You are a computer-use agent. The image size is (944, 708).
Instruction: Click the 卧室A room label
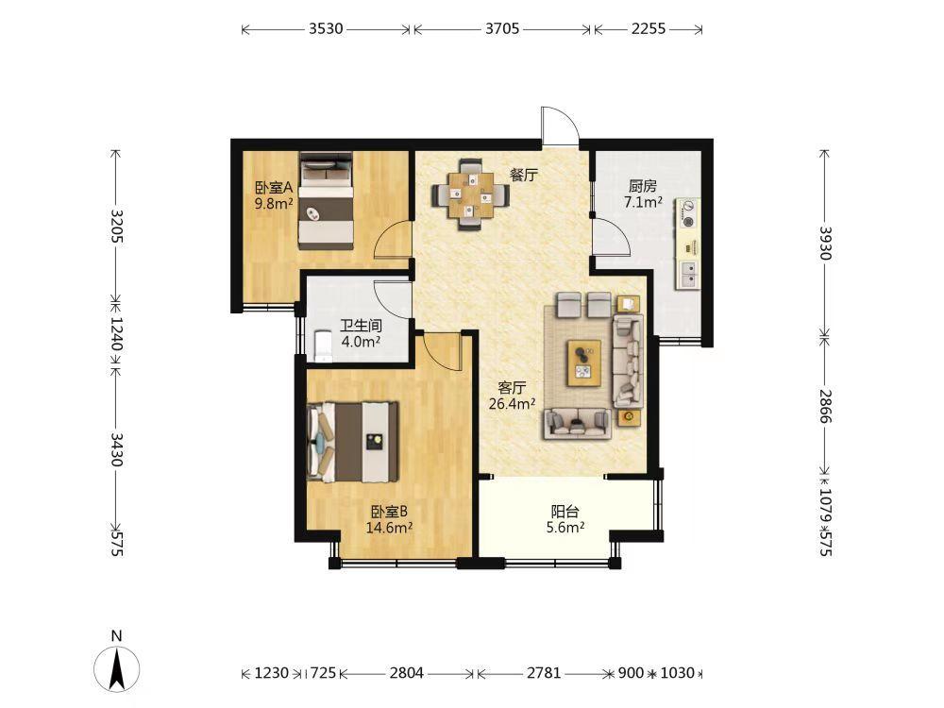[274, 188]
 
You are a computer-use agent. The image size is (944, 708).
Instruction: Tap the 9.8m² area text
[274, 204]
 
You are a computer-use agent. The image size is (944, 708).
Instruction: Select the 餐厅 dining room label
[523, 176]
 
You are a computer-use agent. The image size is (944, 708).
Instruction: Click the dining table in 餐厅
[470, 195]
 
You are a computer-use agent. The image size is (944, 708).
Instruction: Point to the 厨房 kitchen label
[642, 186]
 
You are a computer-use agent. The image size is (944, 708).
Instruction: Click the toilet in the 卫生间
[323, 346]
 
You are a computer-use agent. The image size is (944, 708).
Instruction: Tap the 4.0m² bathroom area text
[361, 342]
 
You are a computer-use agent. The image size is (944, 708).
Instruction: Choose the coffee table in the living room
[584, 362]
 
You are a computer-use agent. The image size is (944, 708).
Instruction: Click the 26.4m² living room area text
[513, 403]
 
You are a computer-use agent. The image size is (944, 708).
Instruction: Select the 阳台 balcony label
[565, 512]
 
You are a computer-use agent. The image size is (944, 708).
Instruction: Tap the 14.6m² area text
[389, 528]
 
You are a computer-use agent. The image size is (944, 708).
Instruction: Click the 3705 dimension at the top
[502, 28]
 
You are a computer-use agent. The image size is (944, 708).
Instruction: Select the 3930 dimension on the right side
[825, 244]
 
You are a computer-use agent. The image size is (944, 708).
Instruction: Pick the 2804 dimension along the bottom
[406, 672]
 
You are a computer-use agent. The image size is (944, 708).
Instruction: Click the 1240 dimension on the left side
[117, 334]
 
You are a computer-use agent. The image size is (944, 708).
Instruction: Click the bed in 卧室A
[326, 201]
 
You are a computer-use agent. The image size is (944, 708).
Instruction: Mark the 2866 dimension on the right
[825, 406]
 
